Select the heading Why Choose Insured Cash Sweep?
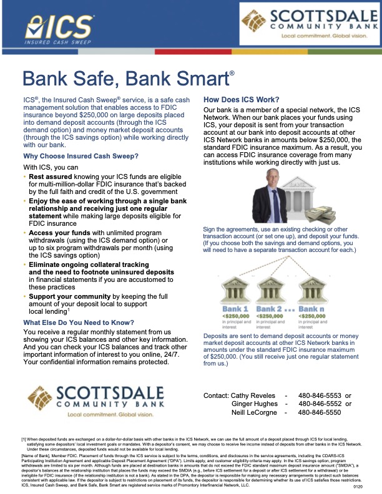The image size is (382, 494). (81, 156)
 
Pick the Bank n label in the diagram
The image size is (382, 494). (311, 308)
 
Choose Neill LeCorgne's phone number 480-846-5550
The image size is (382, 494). (319, 412)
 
